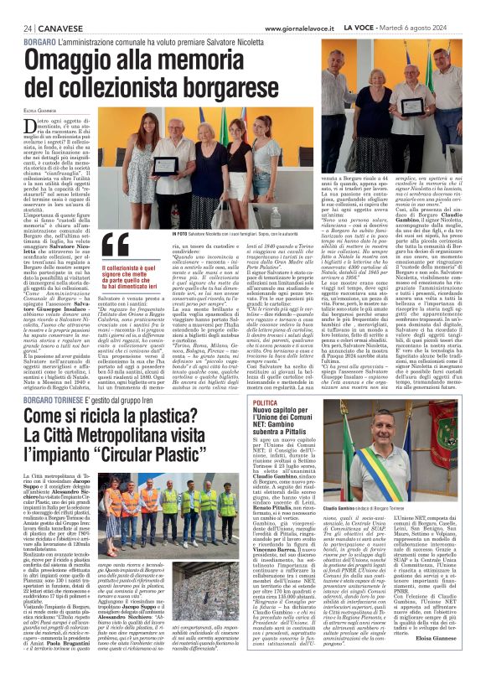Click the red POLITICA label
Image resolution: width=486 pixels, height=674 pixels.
[267, 403]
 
